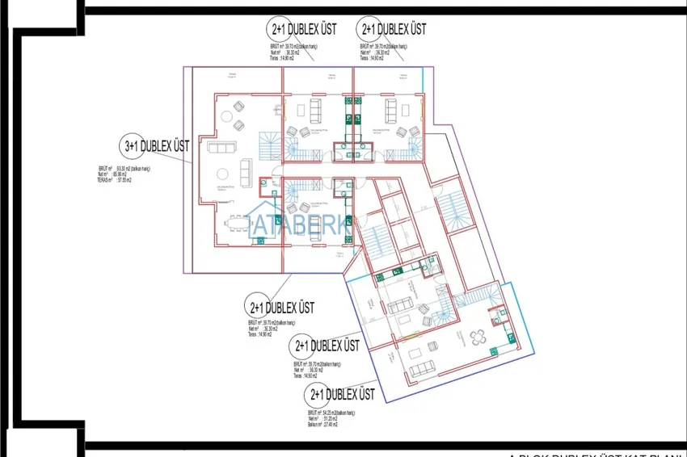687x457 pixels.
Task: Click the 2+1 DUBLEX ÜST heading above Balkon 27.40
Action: [339, 395]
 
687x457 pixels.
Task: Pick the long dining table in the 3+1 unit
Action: [238, 220]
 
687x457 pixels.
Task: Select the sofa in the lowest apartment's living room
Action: [422, 370]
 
